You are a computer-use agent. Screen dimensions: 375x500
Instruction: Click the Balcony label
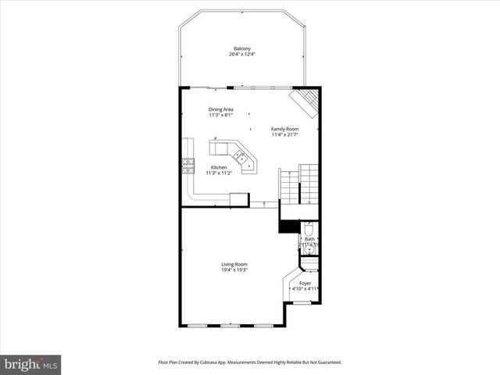click(x=242, y=49)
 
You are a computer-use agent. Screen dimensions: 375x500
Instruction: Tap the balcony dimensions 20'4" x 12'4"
click(x=242, y=55)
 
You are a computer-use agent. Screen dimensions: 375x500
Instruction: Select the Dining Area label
click(x=221, y=109)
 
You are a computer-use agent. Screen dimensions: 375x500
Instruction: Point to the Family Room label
click(x=284, y=129)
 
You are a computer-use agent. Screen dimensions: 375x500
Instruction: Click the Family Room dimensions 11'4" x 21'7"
click(x=284, y=134)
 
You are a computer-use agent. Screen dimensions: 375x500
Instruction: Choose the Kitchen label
click(x=219, y=167)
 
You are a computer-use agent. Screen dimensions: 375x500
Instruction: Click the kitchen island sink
click(x=243, y=158)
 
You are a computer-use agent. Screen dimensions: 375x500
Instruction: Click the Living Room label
click(x=234, y=264)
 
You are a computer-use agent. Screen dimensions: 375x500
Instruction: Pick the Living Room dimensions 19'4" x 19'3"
click(x=234, y=270)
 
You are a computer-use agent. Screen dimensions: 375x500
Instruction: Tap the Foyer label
click(x=305, y=283)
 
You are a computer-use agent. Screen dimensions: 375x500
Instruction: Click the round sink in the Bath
click(x=310, y=248)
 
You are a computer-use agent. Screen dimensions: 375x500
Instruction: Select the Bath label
click(x=309, y=239)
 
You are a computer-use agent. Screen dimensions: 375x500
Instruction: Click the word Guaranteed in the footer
click(x=324, y=362)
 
